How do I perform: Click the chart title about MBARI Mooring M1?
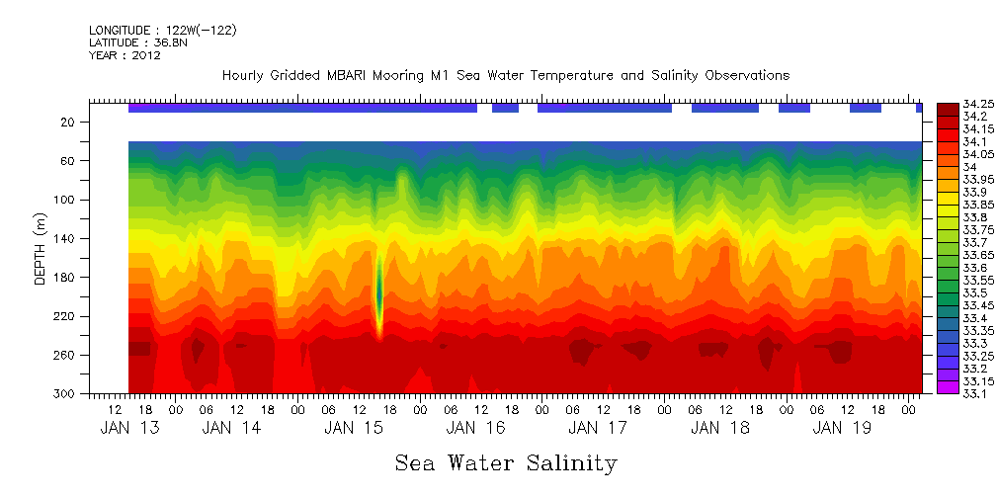505,76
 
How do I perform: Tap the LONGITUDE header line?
163,31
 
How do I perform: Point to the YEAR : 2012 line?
125,56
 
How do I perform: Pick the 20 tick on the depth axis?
68,123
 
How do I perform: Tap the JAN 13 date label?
130,429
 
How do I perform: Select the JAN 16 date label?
475,429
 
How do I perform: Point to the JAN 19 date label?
841,429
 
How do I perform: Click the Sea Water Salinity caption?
505,463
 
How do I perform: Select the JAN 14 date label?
231,429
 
